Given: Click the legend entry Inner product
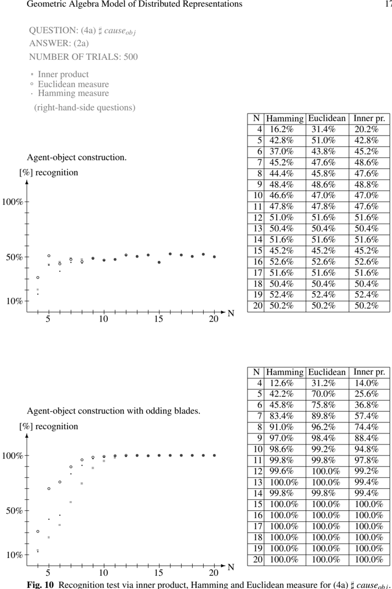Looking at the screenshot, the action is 63,74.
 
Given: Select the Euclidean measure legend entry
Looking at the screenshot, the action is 73,84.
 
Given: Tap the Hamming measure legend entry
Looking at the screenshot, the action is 73,93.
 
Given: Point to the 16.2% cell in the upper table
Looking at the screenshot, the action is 281,129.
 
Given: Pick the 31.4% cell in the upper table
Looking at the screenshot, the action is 323,129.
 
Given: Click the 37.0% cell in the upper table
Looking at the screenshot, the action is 281,151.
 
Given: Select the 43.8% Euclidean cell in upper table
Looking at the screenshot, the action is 323,151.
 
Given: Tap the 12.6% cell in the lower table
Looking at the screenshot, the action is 281,383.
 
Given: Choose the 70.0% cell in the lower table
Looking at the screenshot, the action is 323,394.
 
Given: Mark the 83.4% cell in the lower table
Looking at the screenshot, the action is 281,416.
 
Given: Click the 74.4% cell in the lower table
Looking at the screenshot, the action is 367,427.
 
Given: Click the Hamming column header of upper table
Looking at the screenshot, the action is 285,118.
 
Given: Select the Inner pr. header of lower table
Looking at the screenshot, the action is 369,372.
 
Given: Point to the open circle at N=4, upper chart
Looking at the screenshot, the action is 38,277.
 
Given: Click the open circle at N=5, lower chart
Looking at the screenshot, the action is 49,489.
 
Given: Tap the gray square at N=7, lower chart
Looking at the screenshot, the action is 71,502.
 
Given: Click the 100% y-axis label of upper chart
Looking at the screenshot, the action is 12,202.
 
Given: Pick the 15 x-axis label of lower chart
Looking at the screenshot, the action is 158,573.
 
